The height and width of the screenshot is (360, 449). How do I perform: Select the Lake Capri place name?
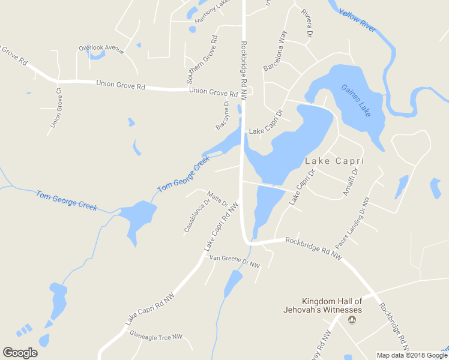pos(334,161)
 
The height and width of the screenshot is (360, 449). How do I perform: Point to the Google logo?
pos(20,353)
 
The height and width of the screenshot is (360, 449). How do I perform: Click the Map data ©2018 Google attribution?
pos(412,355)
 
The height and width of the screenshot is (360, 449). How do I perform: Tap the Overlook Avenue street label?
pos(101,48)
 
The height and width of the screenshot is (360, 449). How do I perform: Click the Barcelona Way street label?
pos(276,52)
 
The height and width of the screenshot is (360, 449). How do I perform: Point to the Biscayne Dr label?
pos(223,116)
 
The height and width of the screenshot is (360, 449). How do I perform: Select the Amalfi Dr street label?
pos(350,181)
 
